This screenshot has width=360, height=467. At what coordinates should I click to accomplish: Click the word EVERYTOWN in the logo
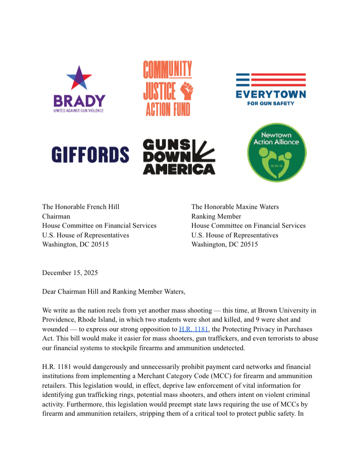[270, 94]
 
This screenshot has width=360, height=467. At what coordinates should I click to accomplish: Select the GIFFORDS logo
[90, 155]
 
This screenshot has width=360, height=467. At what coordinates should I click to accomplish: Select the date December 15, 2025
[70, 272]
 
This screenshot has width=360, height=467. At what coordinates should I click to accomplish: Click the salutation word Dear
[50, 291]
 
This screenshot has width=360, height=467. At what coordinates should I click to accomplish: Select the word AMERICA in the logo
[179, 169]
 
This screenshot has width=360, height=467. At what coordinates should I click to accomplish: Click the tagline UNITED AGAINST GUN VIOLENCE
[79, 111]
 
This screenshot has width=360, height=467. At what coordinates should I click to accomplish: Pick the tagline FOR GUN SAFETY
[270, 103]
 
